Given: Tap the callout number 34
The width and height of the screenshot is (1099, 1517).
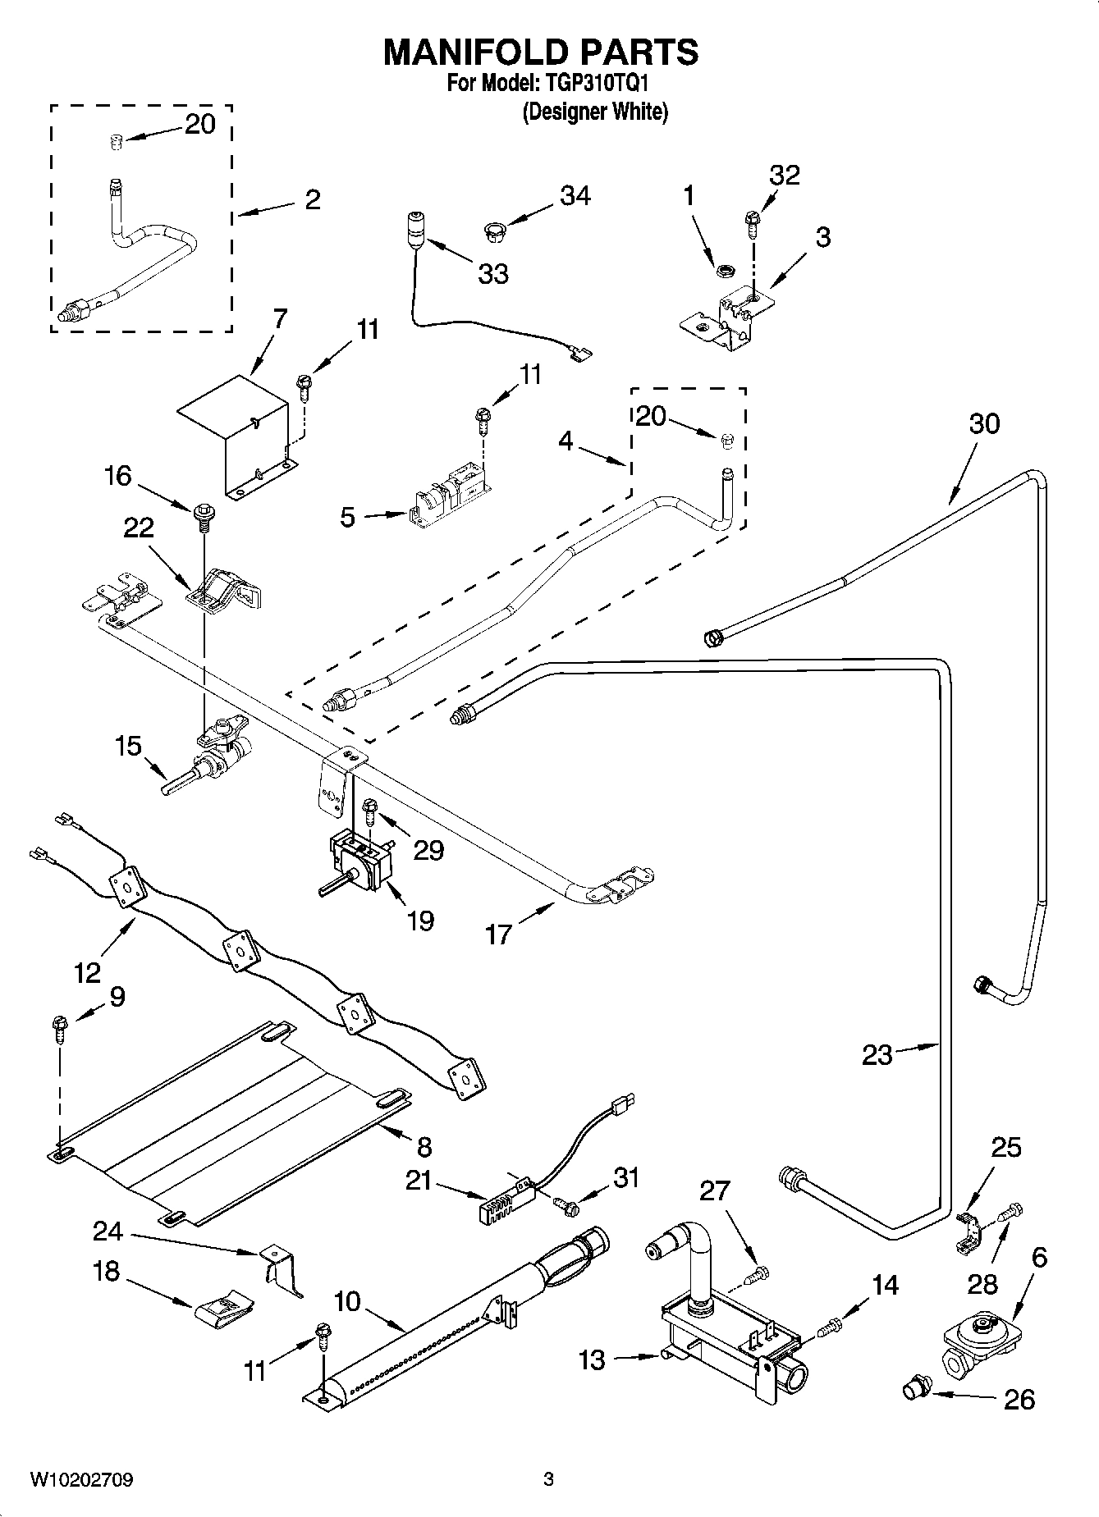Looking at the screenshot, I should point(575,196).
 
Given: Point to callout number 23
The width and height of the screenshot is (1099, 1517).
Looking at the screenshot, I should point(877,1054).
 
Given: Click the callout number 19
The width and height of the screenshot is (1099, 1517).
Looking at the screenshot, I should point(420,921).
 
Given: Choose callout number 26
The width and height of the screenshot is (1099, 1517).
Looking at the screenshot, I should point(1019,1399).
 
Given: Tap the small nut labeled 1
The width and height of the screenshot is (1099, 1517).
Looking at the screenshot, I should point(725,268).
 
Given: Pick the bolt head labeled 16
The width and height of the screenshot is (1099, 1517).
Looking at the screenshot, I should point(201,514).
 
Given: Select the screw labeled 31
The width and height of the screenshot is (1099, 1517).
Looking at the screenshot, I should point(566,1204).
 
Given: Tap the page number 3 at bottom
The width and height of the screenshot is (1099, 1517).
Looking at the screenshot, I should point(548,1480).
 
